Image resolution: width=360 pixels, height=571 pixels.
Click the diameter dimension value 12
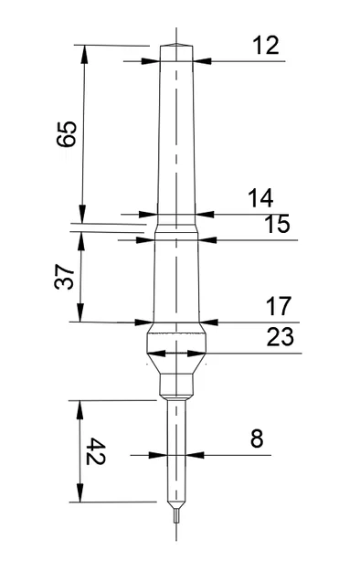(x=266, y=45)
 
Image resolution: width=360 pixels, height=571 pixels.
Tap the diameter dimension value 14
(x=260, y=197)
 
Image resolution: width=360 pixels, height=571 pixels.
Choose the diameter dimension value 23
(x=280, y=337)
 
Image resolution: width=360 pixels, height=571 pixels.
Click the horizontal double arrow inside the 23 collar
(x=176, y=353)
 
